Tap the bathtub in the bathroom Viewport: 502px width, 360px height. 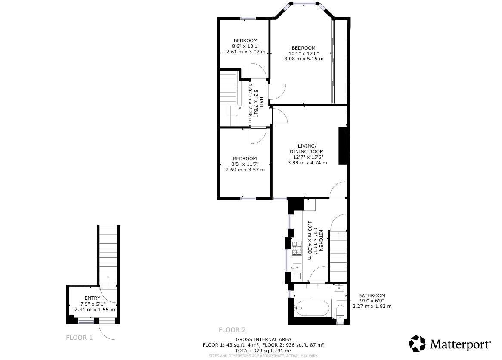pos(313,308)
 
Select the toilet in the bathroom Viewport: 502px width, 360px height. pos(340,310)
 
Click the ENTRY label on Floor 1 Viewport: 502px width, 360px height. pos(93,298)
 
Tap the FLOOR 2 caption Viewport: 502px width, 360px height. pos(232,330)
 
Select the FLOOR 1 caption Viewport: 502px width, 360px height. pos(79,338)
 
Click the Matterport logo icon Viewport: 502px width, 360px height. pos(417,344)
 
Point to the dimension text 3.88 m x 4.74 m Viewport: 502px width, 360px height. pos(307,163)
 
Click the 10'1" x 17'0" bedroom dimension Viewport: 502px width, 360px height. pos(304,53)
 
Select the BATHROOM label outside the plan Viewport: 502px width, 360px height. pos(372,295)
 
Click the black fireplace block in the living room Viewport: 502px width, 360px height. pos(343,146)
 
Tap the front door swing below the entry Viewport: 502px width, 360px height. pos(107,332)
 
